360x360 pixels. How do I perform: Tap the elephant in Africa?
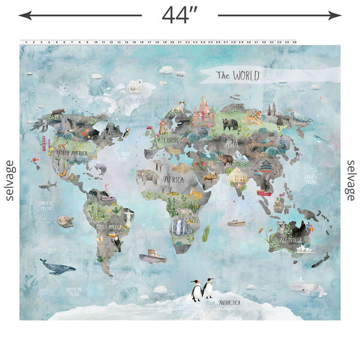point(146,176)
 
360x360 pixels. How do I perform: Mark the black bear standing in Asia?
point(230,124)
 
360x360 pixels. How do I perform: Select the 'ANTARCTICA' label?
point(230,303)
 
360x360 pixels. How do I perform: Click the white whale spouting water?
point(302,287)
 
